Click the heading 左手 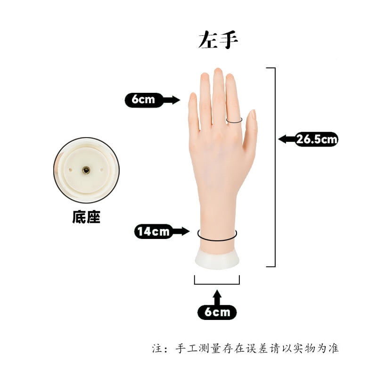click(x=218, y=41)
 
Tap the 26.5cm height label click(x=317, y=139)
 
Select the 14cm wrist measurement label click(x=153, y=231)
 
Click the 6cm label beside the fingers click(x=143, y=99)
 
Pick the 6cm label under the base click(x=217, y=312)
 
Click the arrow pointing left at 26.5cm click(x=286, y=139)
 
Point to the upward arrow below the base click(x=217, y=297)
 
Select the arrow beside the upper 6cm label click(x=172, y=99)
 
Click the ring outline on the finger click(x=234, y=121)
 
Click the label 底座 click(x=86, y=218)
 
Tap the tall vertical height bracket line click(x=275, y=167)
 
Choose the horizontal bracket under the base click(x=217, y=284)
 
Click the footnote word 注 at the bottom click(x=157, y=349)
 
